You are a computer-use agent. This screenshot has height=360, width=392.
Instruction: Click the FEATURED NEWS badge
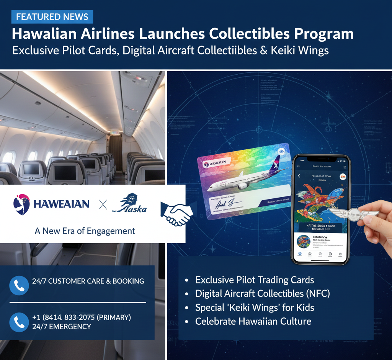52,17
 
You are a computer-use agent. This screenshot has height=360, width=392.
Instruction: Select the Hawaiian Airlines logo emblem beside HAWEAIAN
21,204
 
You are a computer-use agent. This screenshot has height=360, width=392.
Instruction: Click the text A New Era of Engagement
85,231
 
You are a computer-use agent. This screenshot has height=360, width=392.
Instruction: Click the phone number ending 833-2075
82,317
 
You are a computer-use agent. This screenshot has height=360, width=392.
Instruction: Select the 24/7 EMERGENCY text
62,327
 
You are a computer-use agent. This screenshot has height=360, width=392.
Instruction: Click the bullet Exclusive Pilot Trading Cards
255,280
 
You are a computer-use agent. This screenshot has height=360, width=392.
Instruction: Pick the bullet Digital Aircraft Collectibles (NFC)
263,294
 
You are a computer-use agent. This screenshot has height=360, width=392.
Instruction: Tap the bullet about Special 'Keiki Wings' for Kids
255,307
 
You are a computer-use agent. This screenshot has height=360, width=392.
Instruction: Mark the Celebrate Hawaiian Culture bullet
253,321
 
